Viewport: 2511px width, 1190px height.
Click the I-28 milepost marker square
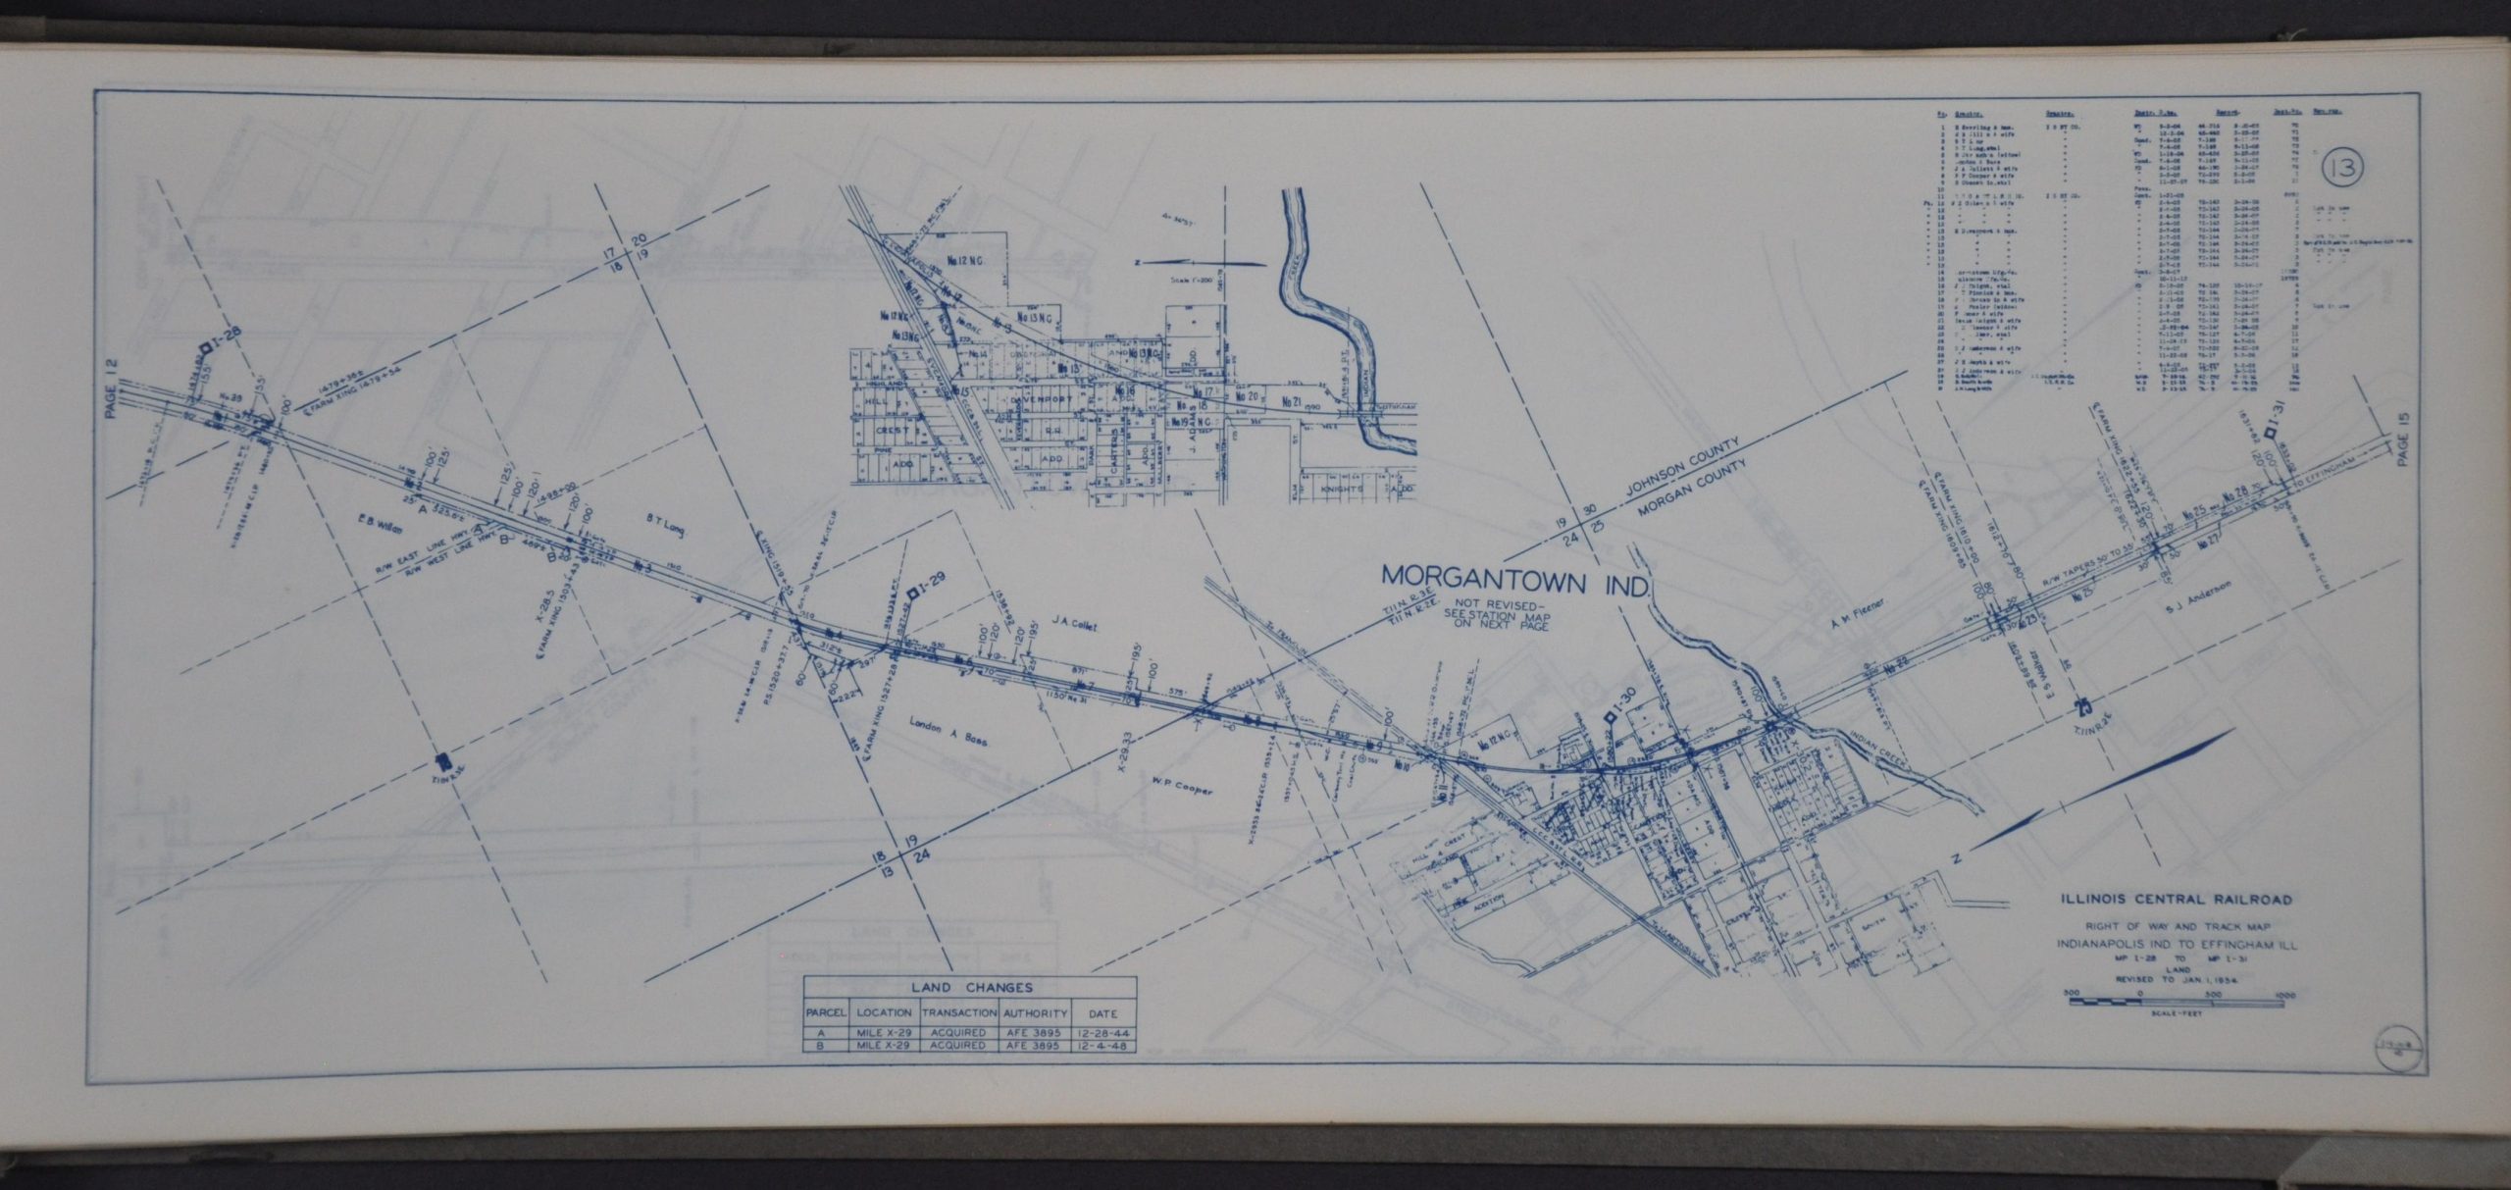[x=206, y=348]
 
